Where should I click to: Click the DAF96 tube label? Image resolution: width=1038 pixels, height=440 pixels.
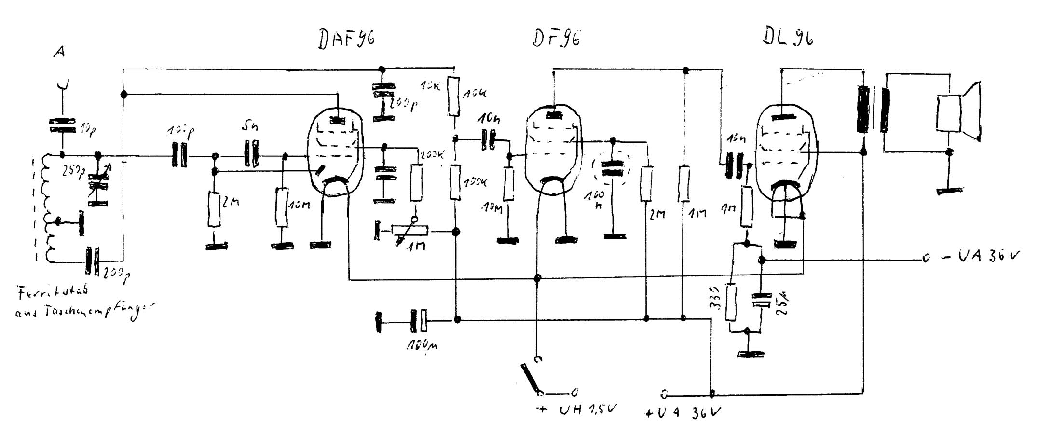(346, 39)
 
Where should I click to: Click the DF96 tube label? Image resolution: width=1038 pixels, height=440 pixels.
(557, 37)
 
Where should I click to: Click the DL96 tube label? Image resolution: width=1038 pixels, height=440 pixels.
(788, 35)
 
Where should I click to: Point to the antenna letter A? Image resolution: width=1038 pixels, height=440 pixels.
(59, 51)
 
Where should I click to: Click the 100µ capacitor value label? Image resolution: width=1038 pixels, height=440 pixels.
(422, 344)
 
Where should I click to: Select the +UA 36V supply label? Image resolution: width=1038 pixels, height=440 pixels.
(684, 413)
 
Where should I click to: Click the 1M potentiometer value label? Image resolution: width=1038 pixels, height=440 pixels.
(415, 246)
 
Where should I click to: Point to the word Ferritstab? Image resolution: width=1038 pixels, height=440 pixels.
(53, 293)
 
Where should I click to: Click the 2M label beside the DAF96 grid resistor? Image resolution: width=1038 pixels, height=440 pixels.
(231, 203)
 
